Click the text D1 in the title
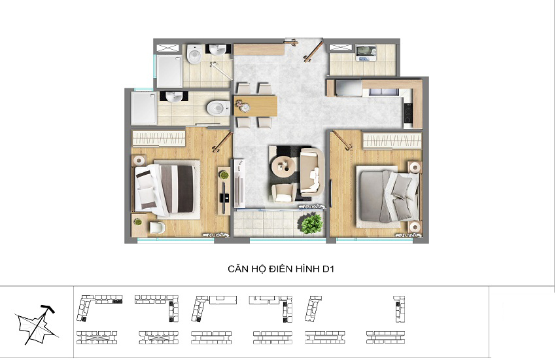328,269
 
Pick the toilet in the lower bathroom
218,107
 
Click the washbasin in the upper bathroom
217,50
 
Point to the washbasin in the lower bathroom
174,96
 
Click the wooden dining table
255,105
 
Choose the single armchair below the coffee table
283,194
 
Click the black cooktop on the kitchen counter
408,113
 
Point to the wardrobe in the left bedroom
158,138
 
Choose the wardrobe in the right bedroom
392,141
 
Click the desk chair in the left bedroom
157,227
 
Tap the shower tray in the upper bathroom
169,71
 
